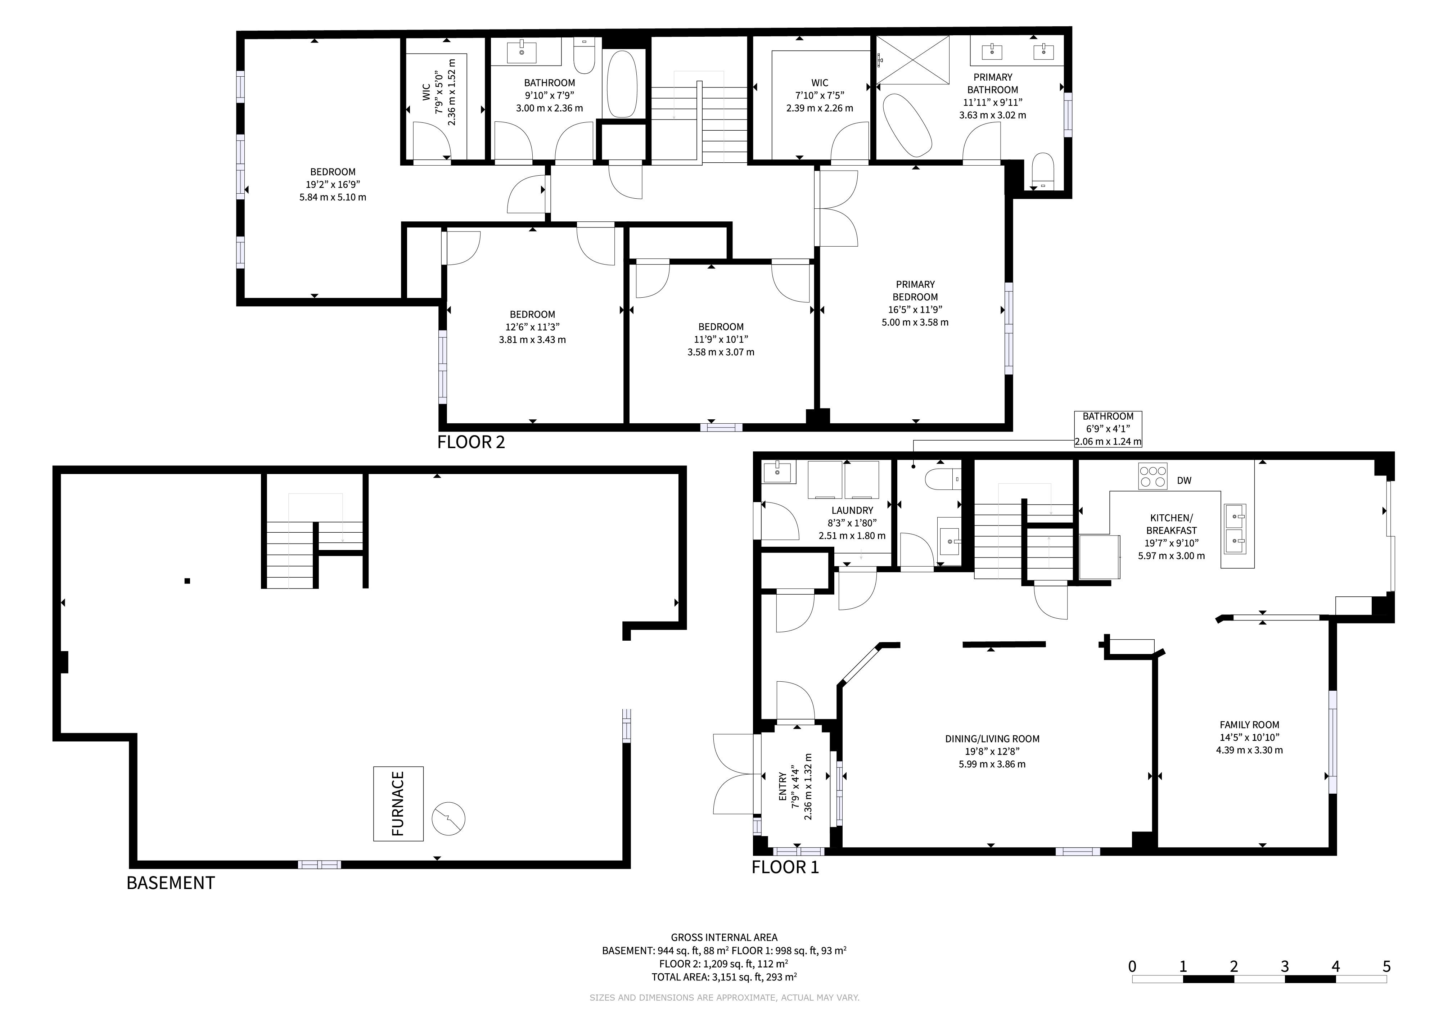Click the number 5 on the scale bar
coord(1386,966)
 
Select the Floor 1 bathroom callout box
coord(1108,429)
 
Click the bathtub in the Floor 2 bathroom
coord(621,83)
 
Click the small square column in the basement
coord(187,581)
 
